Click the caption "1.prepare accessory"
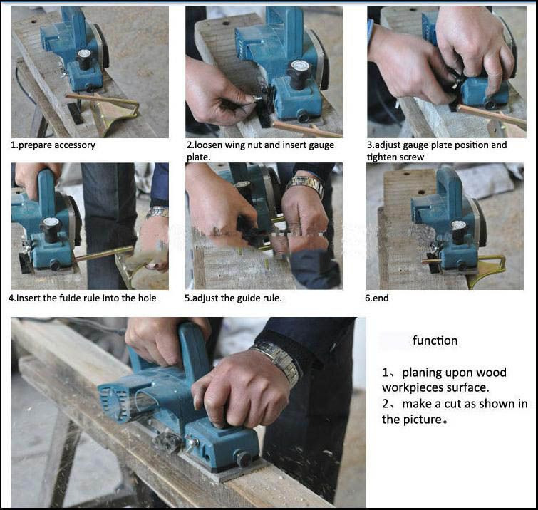coord(53,145)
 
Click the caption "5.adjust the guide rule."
coord(233,298)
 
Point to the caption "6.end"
coord(377,298)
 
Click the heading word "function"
coord(435,340)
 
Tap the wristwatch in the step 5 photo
coord(306,187)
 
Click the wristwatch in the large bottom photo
coord(277,360)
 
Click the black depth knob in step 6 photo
coord(459,229)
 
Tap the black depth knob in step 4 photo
coord(52,227)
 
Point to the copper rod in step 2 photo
coord(306,129)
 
